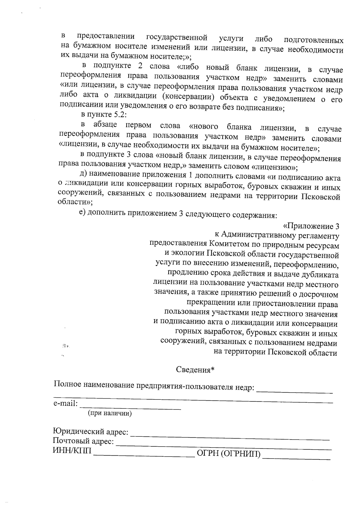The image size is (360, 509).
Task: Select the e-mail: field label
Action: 65,404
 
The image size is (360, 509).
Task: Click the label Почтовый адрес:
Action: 83,441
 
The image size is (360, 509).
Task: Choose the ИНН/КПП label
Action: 72,451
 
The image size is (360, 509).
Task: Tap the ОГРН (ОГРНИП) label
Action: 228,454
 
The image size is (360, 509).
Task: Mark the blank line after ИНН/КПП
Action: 144,455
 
